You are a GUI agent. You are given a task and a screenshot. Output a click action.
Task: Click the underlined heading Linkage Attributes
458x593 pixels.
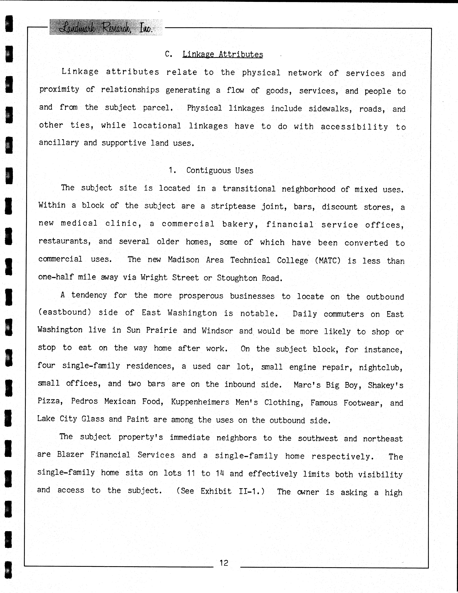pyautogui.click(x=223, y=55)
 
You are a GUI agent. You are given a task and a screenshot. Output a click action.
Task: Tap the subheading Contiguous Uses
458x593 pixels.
pyautogui.click(x=220, y=170)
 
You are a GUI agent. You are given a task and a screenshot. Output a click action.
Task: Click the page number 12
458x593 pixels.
pyautogui.click(x=224, y=563)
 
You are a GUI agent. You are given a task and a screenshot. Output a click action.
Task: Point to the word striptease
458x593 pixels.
pyautogui.click(x=233, y=206)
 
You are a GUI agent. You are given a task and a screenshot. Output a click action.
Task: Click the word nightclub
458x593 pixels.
pyautogui.click(x=380, y=367)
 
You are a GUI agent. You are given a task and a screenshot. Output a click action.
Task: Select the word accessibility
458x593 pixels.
pyautogui.click(x=354, y=127)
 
